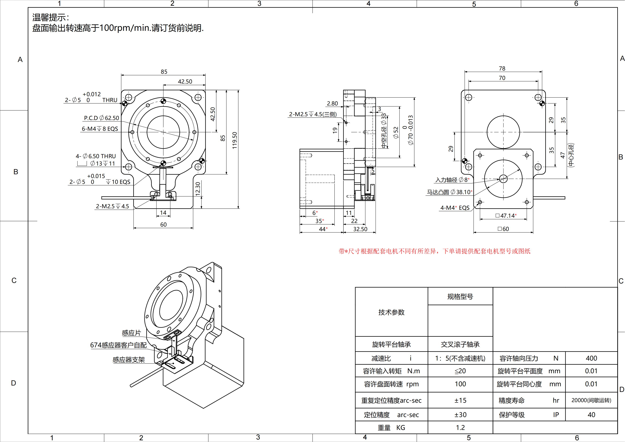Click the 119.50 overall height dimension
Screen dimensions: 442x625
[x=235, y=140]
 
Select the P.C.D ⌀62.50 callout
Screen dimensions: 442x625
[x=101, y=118]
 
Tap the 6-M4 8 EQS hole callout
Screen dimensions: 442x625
[x=100, y=129]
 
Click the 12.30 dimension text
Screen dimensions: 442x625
[x=198, y=189]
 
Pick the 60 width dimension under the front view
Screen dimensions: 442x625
[x=163, y=224]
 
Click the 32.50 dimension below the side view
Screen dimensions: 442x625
[x=360, y=229]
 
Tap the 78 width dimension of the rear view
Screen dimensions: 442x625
[x=502, y=69]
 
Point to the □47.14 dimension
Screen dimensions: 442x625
[x=506, y=216]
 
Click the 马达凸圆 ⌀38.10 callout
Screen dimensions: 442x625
[x=449, y=192]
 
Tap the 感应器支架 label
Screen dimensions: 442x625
[x=129, y=360]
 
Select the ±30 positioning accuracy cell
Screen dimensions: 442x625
[x=460, y=415]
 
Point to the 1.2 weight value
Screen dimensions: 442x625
[x=460, y=428]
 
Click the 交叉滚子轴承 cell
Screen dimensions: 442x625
[x=460, y=344]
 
